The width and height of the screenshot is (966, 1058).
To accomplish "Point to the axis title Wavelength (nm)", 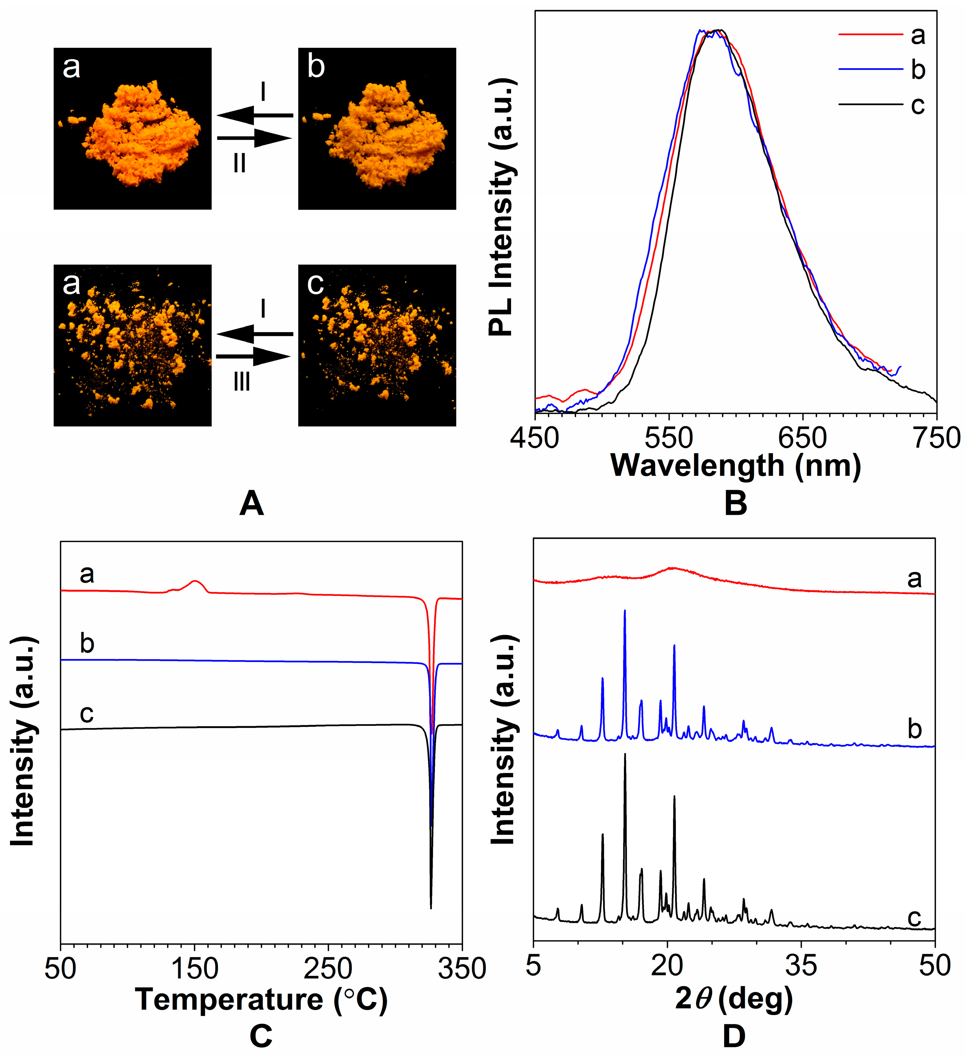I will (x=735, y=466).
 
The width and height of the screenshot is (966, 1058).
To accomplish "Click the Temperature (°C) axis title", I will (x=261, y=999).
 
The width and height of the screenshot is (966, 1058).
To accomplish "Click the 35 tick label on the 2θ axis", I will (x=801, y=966).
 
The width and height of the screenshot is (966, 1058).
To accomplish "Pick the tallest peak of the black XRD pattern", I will (x=625, y=754).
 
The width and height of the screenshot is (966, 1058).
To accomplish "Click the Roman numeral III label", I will (x=241, y=382).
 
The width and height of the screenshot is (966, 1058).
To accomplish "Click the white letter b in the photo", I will (x=316, y=67).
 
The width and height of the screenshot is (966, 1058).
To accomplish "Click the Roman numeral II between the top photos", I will (x=240, y=164).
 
